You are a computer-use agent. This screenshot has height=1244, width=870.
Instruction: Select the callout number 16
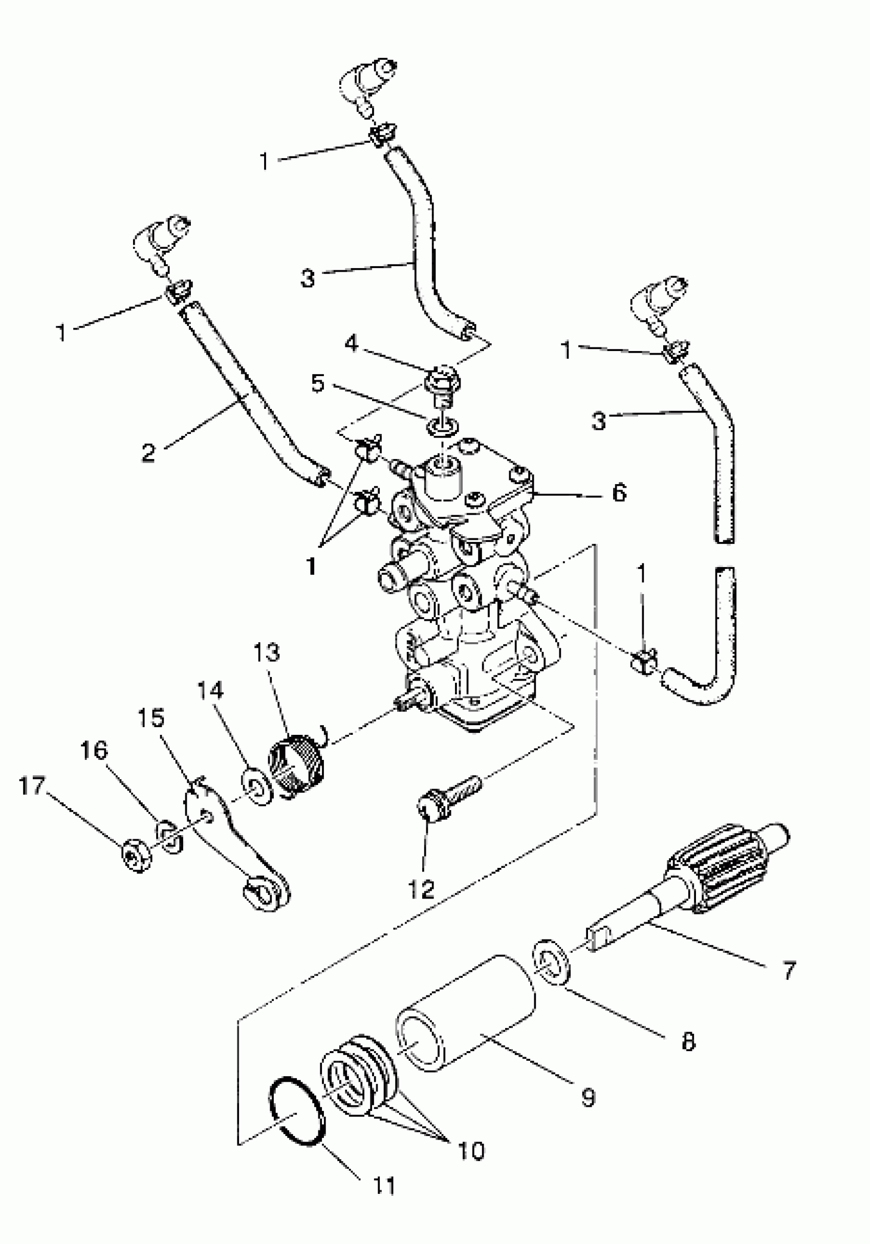(94, 751)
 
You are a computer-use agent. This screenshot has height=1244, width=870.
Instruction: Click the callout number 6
(619, 492)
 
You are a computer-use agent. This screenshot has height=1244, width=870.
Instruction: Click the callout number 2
(148, 452)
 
